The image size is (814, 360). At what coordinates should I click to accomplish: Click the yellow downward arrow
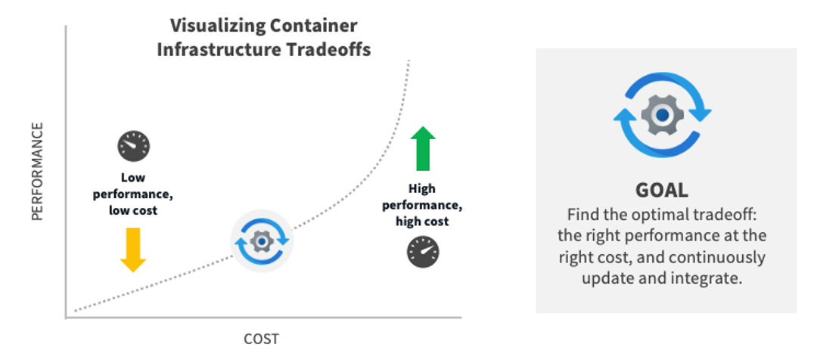(133, 249)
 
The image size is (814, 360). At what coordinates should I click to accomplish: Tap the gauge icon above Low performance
(134, 146)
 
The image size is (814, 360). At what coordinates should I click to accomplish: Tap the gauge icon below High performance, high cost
(423, 251)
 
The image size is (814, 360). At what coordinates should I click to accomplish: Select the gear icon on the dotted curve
(262, 241)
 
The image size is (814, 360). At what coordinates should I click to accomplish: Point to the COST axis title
(261, 338)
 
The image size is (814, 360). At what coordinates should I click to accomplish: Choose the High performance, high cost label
(422, 204)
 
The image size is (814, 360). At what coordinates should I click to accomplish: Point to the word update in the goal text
(607, 278)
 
